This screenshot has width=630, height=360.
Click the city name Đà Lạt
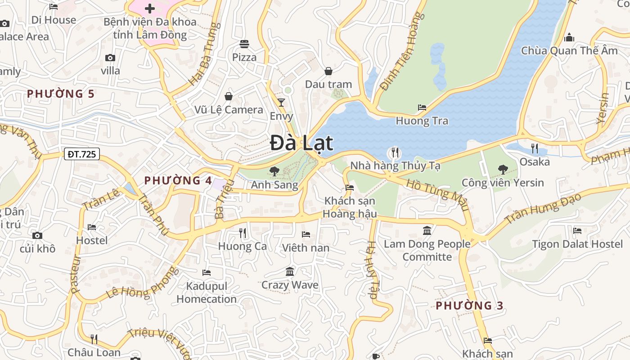302,143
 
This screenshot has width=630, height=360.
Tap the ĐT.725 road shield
81,154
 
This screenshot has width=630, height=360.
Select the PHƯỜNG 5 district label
61,94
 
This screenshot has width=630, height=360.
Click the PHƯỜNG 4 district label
178,180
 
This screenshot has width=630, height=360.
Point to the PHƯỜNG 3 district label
469,306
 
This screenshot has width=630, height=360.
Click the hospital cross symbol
150,9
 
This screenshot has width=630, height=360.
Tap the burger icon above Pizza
244,44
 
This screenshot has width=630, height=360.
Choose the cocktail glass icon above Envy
281,103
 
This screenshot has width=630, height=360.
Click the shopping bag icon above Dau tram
328,71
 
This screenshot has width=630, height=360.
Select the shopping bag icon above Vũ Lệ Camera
229,96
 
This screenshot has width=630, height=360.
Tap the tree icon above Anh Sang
274,171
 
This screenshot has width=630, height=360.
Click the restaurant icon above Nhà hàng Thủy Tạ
395,152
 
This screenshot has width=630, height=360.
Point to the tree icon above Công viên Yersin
503,170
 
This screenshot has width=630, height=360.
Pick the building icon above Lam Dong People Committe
427,231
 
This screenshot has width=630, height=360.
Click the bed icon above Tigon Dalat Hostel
577,231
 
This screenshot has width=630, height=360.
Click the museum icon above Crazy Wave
290,272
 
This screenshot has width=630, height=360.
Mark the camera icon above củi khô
37,235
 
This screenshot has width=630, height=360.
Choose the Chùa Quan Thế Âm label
569,50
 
